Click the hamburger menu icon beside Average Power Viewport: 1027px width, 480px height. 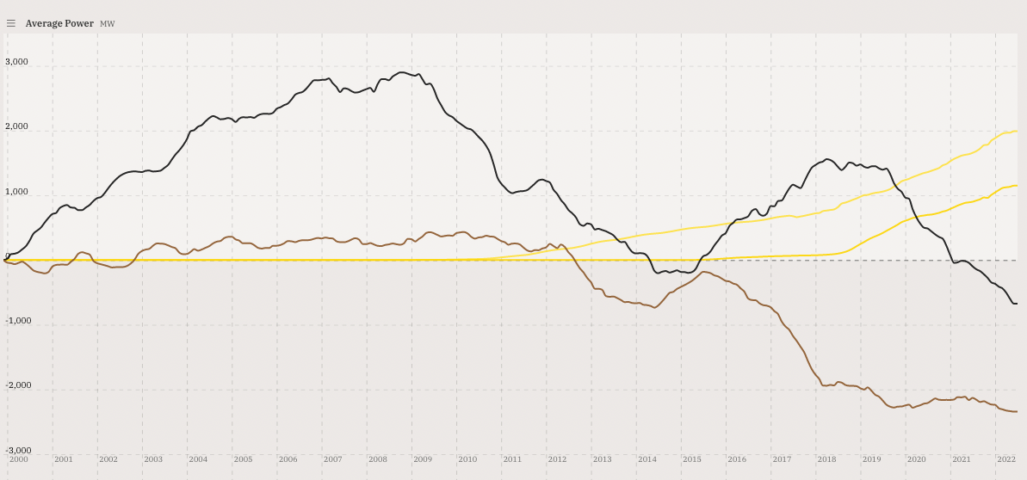pyautogui.click(x=11, y=23)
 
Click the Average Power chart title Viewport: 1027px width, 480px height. pyautogui.click(x=59, y=23)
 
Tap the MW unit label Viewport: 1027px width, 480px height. pyautogui.click(x=108, y=24)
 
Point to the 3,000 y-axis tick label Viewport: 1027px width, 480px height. pyautogui.click(x=17, y=62)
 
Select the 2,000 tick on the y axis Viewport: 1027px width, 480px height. pyautogui.click(x=17, y=126)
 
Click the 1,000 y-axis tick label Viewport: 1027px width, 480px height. pyautogui.click(x=17, y=192)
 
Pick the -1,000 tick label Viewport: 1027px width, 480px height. pyautogui.click(x=17, y=321)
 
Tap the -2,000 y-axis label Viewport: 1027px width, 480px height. pyautogui.click(x=17, y=385)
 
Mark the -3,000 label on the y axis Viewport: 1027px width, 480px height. pyautogui.click(x=17, y=451)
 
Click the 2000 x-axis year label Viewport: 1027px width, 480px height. pyautogui.click(x=19, y=459)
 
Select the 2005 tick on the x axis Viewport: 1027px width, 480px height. pyautogui.click(x=243, y=459)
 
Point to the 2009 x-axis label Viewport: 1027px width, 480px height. pyautogui.click(x=423, y=459)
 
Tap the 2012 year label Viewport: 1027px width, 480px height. pyautogui.click(x=557, y=459)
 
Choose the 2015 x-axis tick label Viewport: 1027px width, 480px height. pyautogui.click(x=692, y=459)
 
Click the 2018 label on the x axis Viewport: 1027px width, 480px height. pyautogui.click(x=826, y=459)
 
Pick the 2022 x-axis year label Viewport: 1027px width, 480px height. pyautogui.click(x=1006, y=459)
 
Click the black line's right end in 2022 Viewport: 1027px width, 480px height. pyautogui.click(x=1016, y=303)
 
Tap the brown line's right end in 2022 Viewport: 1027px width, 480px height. pyautogui.click(x=1016, y=411)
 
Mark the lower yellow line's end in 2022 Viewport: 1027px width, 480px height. pyautogui.click(x=1016, y=186)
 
